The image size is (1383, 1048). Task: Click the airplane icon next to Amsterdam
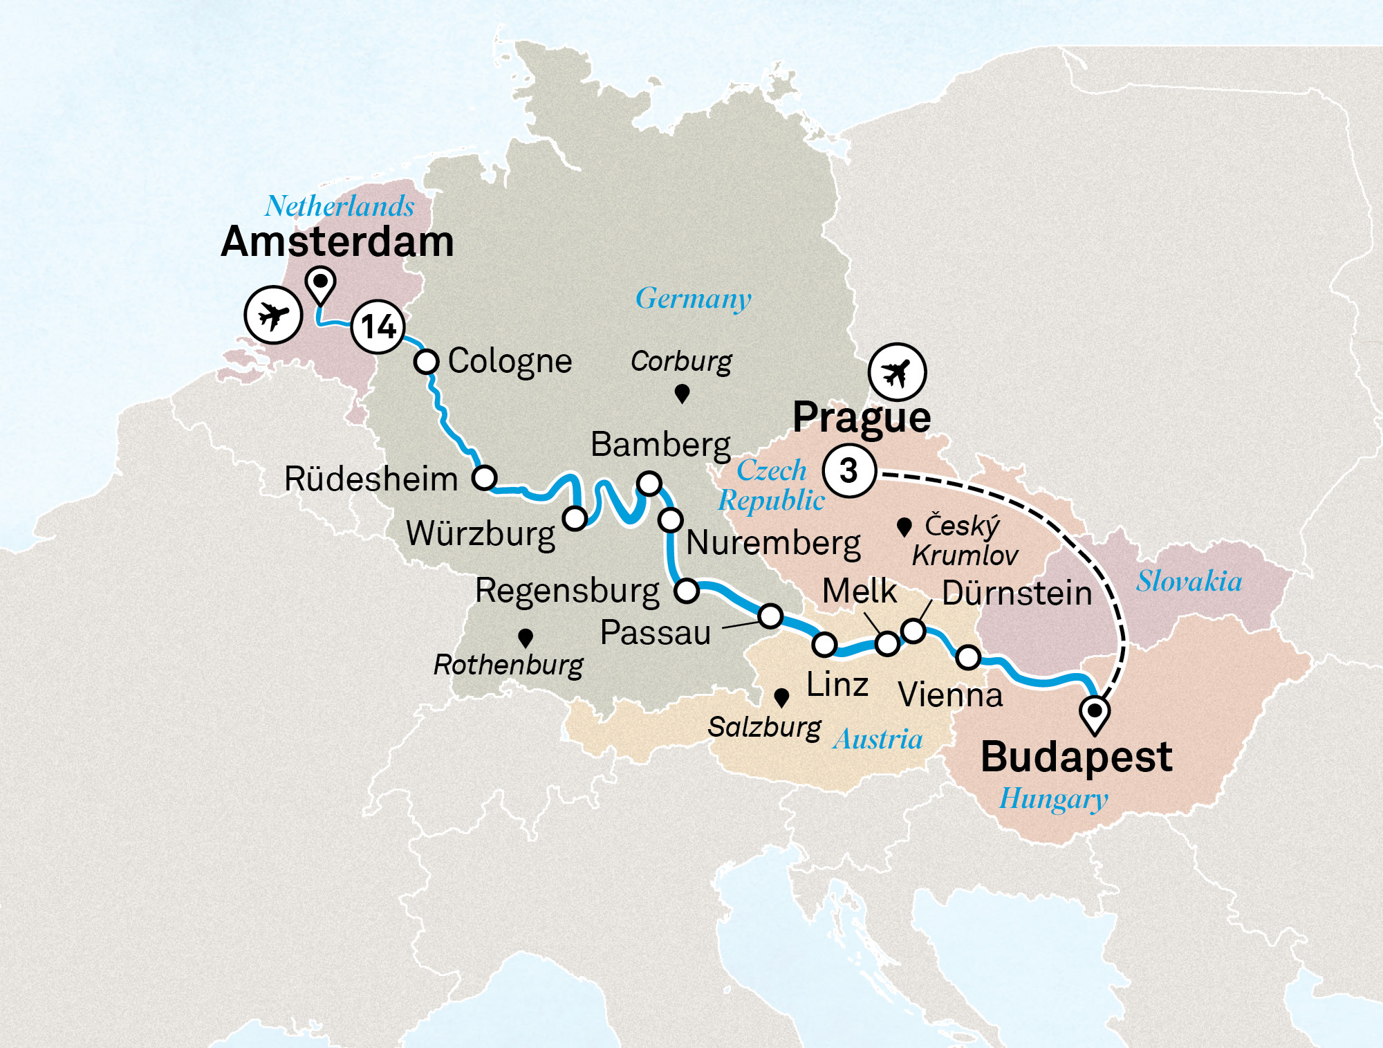pos(273,315)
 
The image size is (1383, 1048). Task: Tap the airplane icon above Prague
pos(898,372)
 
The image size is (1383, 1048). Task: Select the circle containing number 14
pos(378,327)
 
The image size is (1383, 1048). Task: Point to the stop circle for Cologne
pos(427,361)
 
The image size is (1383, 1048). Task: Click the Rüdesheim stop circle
pos(485,477)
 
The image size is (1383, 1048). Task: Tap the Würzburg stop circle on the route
pos(575,517)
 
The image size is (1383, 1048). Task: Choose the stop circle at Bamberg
pos(649,483)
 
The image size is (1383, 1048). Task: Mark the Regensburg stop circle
pos(687,591)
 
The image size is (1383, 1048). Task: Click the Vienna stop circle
pos(968,657)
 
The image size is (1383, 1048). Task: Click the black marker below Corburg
pos(682,394)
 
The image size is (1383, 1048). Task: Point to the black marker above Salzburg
pos(781,697)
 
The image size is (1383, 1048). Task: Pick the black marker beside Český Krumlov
pos(903,527)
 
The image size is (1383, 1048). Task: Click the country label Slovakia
pos(1189,581)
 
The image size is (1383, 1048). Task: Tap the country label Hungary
pos(1053,799)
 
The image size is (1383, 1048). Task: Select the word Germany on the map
pos(693,299)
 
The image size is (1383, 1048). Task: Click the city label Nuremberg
pos(773,543)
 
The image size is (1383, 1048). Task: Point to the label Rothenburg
pos(508,665)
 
